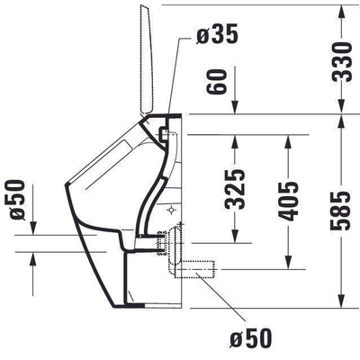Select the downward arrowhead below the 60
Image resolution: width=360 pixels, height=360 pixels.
pos(235,106)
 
